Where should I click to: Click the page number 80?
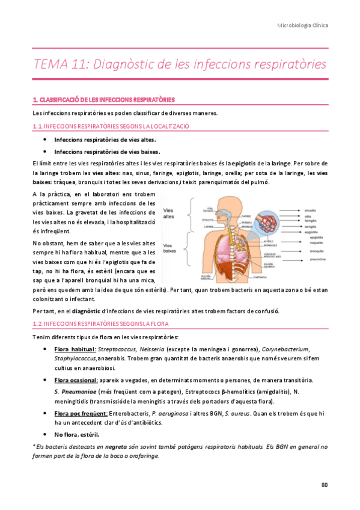(325, 484)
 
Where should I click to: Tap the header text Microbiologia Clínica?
(302, 26)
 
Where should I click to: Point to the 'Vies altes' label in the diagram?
(172, 213)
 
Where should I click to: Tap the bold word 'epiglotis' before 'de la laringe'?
(244, 163)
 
